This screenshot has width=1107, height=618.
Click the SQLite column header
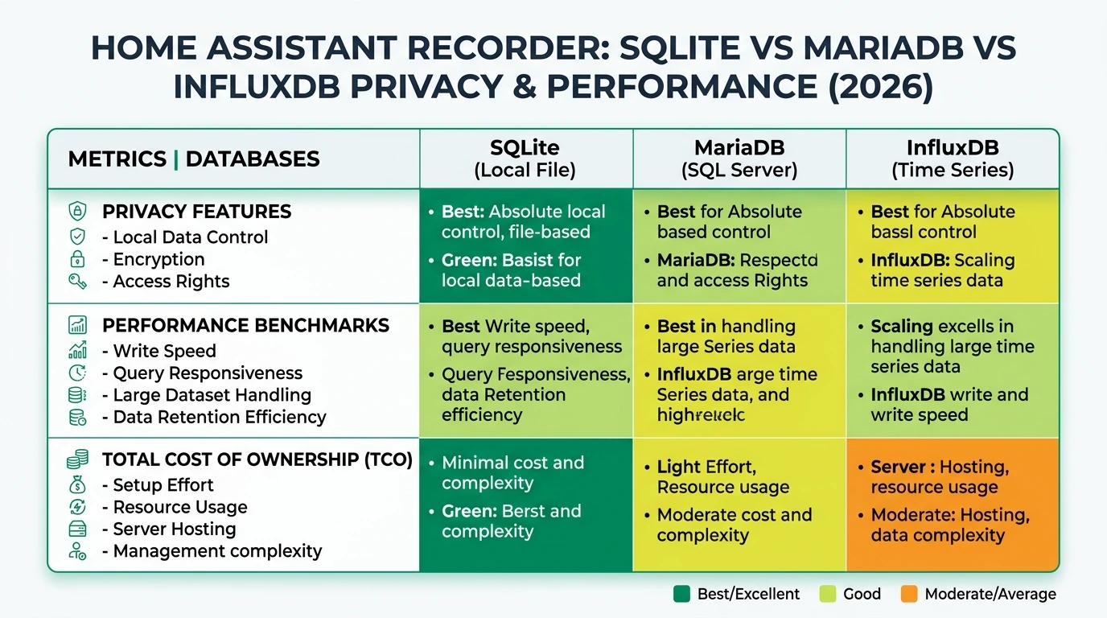525,159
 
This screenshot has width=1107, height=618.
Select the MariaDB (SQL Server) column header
739,159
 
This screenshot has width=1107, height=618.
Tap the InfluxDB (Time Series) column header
953,159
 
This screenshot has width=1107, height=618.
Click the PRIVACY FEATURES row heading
196,212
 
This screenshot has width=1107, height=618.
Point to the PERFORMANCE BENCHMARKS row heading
245,326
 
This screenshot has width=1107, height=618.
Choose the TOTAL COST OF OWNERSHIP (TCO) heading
257,460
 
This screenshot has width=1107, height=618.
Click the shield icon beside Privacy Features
78,212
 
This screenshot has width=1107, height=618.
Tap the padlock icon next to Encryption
78,259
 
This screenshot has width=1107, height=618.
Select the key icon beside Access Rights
78,282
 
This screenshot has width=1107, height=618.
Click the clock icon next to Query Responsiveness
78,373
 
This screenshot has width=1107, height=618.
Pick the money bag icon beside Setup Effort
78,485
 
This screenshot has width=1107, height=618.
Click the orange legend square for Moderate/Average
909,595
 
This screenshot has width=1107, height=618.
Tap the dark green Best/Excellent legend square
681,595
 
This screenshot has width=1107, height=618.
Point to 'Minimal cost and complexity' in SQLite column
512,473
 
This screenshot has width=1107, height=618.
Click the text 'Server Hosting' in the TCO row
175,529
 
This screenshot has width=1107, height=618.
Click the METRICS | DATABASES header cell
194,159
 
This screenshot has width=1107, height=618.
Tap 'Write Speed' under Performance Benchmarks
164,352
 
